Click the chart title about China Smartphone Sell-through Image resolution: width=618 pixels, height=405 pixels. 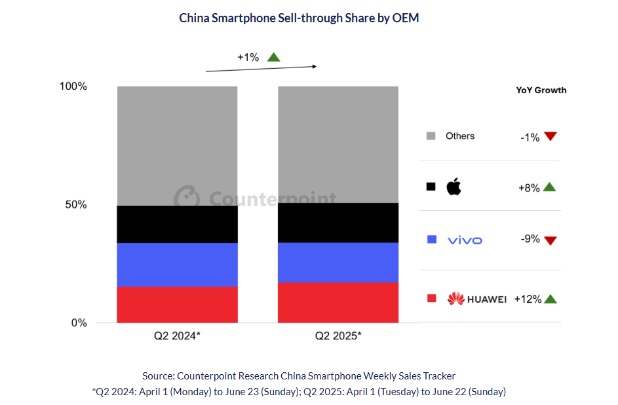[299, 18]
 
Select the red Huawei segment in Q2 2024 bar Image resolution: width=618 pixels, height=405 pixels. [177, 305]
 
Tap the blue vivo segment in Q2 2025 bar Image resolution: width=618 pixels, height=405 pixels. [338, 262]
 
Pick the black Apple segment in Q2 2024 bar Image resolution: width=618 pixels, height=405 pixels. [177, 224]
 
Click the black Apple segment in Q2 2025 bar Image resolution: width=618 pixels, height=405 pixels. [338, 223]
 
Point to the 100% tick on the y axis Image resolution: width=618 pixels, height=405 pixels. [73, 87]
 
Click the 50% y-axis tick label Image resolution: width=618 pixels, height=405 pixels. [76, 204]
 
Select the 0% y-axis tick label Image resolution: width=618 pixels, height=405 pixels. [79, 322]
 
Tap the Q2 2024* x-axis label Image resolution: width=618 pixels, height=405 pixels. [177, 336]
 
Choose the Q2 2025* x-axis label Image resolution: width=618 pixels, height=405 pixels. [338, 336]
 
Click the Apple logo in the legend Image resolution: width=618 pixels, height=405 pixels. [454, 187]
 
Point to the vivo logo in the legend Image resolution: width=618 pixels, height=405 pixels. [464, 240]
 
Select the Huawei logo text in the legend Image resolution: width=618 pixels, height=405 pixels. [486, 299]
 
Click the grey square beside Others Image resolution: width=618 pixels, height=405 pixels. [431, 136]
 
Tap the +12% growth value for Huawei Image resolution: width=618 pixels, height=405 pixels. [528, 299]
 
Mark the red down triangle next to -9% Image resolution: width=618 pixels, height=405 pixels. [550, 240]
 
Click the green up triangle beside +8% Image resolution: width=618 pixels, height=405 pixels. [549, 187]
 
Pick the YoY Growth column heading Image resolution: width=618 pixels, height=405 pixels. [541, 90]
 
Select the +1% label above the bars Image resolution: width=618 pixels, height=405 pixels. [248, 57]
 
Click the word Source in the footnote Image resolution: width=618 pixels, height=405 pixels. [157, 376]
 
